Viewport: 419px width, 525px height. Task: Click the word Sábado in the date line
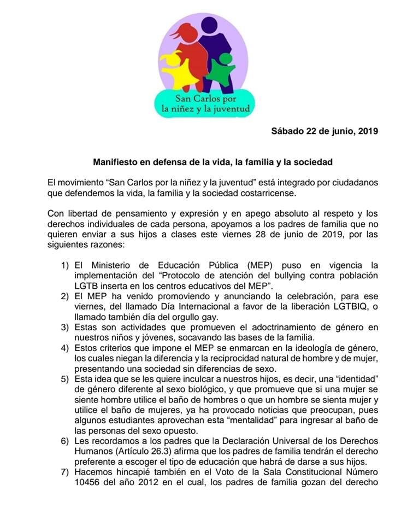pyautogui.click(x=286, y=131)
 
